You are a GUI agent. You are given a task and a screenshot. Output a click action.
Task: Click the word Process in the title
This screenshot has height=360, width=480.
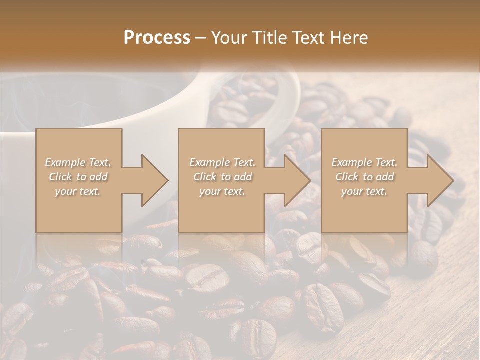pyautogui.click(x=157, y=37)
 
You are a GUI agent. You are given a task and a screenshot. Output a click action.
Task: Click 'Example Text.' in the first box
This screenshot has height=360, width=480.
pyautogui.click(x=78, y=162)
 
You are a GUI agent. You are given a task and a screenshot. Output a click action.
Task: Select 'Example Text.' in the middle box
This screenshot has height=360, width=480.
pyautogui.click(x=222, y=162)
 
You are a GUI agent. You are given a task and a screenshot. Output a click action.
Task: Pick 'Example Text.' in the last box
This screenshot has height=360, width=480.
pyautogui.click(x=364, y=162)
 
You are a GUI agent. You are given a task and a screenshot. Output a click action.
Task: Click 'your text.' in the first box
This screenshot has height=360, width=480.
pyautogui.click(x=78, y=191)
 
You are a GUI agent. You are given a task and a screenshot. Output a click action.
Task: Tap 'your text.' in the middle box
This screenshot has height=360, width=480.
pyautogui.click(x=222, y=191)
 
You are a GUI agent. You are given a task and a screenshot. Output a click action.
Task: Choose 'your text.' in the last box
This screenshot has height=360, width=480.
pyautogui.click(x=364, y=191)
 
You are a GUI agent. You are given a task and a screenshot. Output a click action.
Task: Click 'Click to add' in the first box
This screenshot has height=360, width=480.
pyautogui.click(x=78, y=177)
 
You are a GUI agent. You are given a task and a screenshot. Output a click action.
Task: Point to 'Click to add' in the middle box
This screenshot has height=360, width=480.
pyautogui.click(x=222, y=177)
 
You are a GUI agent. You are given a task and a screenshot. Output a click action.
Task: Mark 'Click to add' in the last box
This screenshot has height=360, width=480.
pyautogui.click(x=364, y=177)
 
